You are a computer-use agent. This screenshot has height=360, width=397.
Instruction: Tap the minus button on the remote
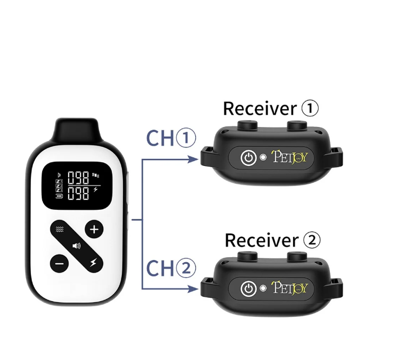[x=60, y=264]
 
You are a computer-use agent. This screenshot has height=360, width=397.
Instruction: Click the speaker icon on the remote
[x=77, y=246]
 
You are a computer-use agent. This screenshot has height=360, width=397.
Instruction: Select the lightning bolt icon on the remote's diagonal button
[x=94, y=264]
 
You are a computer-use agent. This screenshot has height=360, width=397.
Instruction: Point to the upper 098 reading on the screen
[x=78, y=178]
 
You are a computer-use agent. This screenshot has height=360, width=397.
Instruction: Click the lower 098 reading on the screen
[x=78, y=192]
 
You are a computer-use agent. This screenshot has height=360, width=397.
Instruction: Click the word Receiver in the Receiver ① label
[x=259, y=108]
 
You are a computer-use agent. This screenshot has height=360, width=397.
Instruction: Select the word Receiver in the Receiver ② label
[x=261, y=240]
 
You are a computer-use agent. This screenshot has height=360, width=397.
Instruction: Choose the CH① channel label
[x=170, y=138]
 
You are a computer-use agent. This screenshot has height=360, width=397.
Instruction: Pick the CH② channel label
[x=170, y=269]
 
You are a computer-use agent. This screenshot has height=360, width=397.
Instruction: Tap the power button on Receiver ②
[x=248, y=289]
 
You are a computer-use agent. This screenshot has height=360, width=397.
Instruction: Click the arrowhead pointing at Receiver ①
[x=193, y=159]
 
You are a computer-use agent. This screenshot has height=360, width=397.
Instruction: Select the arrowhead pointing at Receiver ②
[x=193, y=290]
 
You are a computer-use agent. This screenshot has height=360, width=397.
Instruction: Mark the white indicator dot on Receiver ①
[x=263, y=158]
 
